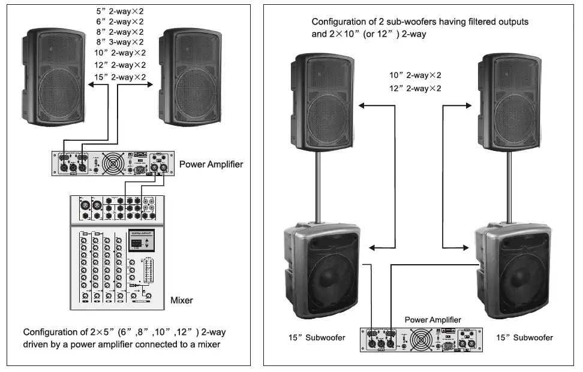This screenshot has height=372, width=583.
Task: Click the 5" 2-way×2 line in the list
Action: point(120,11)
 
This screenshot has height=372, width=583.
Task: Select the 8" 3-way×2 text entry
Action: point(120,42)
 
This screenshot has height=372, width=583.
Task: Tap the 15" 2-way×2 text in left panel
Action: point(121,77)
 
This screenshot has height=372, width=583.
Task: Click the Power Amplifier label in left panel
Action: point(211,164)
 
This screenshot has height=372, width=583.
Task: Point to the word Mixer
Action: point(182,300)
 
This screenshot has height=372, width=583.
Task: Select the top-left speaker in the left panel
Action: point(56,77)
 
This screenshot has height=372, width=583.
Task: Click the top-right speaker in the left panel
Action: point(193,77)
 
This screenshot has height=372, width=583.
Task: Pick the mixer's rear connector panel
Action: point(118,209)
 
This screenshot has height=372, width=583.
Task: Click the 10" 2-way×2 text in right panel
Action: point(415,75)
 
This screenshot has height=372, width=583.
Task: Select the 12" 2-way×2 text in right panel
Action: point(415,88)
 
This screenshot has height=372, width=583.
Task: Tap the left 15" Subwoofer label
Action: point(318,338)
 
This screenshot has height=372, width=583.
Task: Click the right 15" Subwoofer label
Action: point(525,338)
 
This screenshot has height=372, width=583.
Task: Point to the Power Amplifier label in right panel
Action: point(433,320)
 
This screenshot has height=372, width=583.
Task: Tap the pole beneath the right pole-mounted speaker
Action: point(509,186)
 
